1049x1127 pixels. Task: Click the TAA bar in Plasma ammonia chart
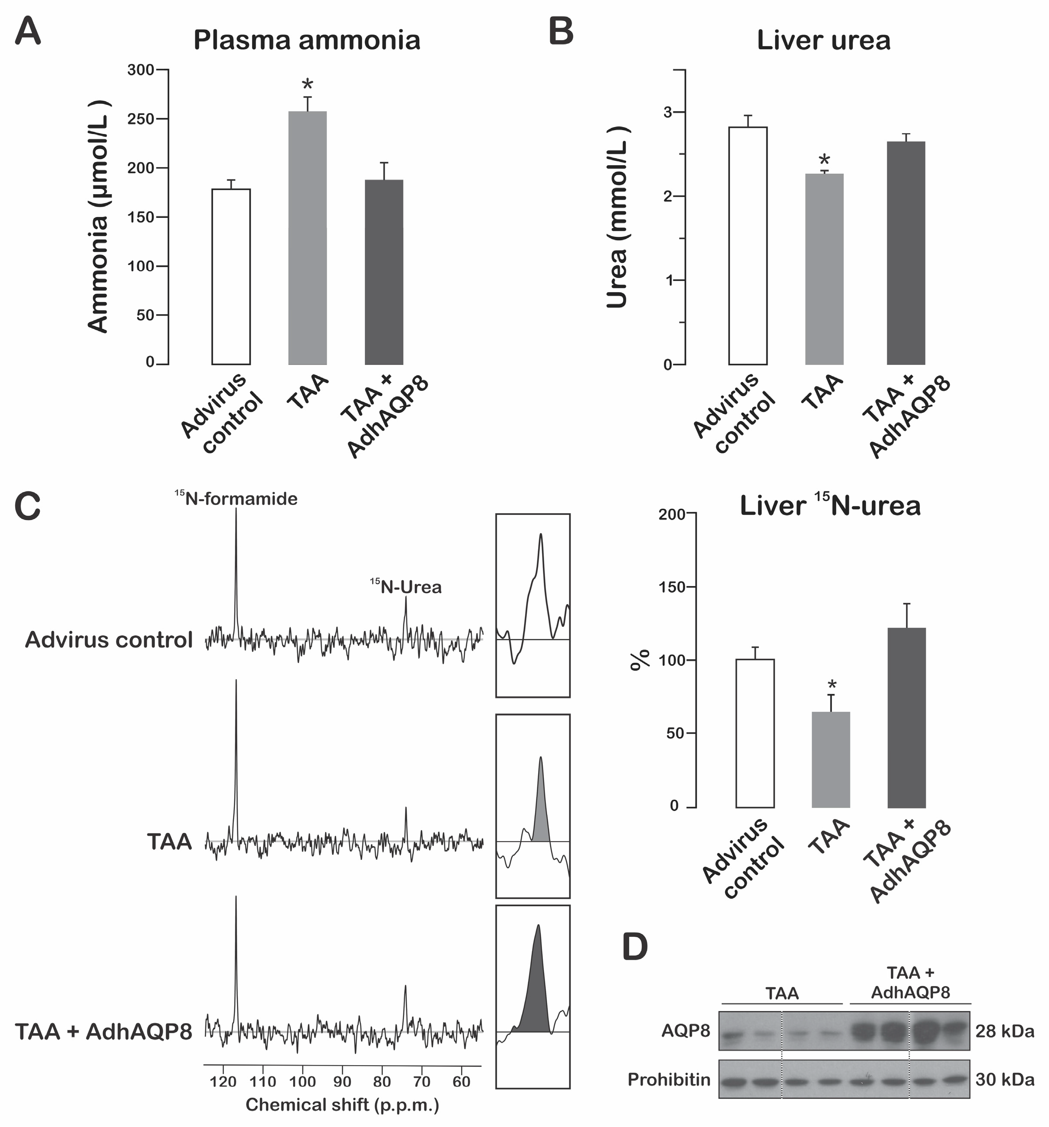point(307,238)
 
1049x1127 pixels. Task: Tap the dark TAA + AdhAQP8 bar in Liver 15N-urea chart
point(906,717)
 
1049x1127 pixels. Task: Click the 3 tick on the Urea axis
point(668,112)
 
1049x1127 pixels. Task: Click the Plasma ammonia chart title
point(306,40)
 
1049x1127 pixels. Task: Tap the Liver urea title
point(823,40)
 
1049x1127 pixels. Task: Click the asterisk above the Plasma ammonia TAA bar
point(307,85)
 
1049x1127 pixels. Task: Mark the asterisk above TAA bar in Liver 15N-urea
point(832,685)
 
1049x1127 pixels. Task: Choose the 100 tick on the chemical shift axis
point(302,1082)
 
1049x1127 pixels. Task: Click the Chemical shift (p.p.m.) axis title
point(342,1105)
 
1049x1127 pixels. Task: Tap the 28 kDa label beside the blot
point(1004,1031)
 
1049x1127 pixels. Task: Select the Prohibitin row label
point(669,1079)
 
